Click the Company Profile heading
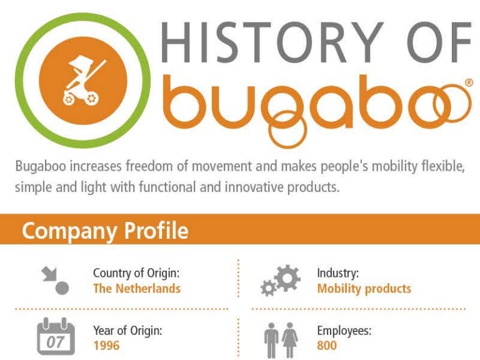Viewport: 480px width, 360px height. (x=104, y=231)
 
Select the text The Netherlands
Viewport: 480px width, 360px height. (x=137, y=289)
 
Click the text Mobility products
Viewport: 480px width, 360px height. (x=364, y=289)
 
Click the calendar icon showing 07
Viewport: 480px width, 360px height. (x=55, y=337)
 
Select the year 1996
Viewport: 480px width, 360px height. (x=106, y=345)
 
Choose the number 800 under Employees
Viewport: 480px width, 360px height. (x=327, y=345)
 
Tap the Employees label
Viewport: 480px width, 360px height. (x=344, y=330)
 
